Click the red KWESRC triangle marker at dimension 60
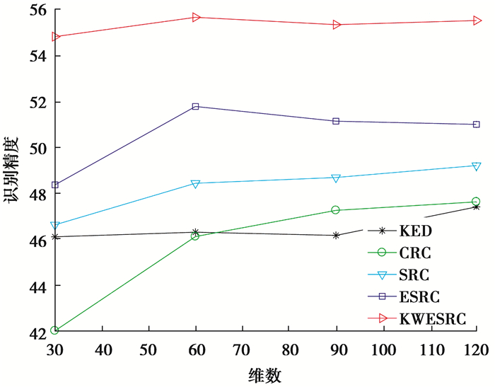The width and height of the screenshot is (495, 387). tap(196, 17)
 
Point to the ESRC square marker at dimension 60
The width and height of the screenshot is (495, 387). tap(196, 107)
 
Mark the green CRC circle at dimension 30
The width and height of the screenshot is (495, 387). tap(55, 330)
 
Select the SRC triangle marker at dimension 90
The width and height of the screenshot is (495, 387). tap(337, 178)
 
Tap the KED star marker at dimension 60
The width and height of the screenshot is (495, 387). tap(196, 232)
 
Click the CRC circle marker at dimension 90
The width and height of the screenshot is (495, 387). tap(336, 210)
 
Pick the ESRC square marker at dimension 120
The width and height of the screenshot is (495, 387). tap(476, 125)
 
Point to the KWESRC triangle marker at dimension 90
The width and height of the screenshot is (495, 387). tap(337, 25)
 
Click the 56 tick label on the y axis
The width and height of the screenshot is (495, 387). tap(31, 10)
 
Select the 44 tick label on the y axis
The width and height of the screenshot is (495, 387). tap(31, 286)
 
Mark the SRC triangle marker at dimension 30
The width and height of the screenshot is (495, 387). tap(55, 226)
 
